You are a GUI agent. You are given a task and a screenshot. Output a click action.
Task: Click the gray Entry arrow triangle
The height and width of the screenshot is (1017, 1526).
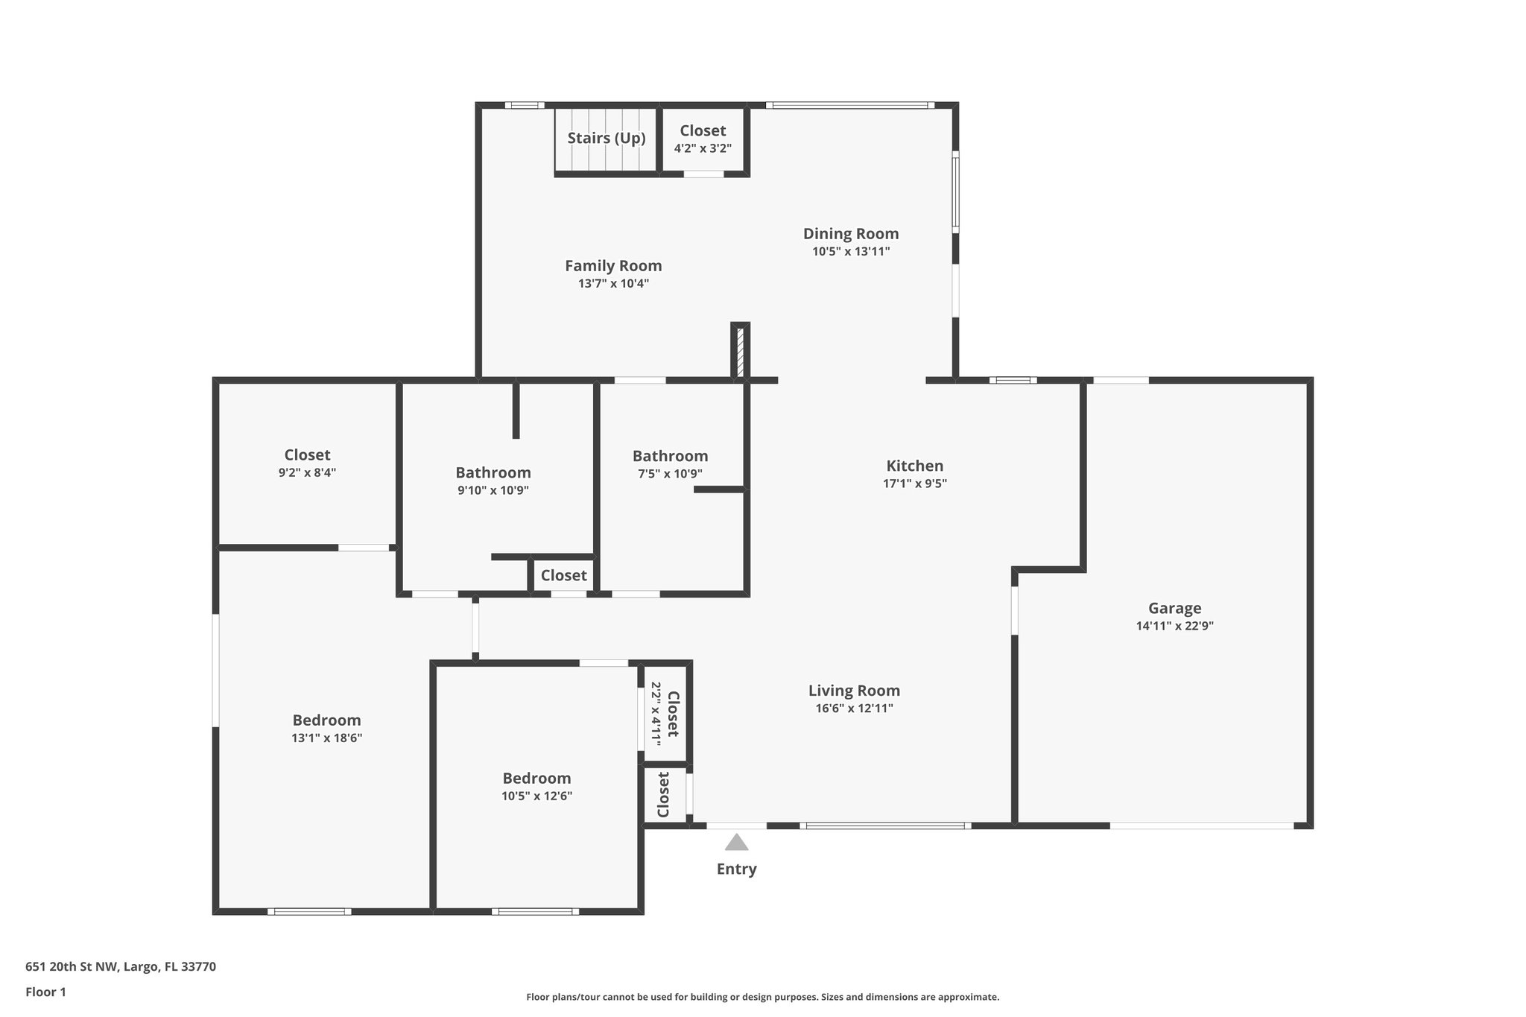pyautogui.click(x=736, y=843)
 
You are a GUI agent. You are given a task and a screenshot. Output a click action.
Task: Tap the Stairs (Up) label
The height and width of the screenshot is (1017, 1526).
pyautogui.click(x=606, y=138)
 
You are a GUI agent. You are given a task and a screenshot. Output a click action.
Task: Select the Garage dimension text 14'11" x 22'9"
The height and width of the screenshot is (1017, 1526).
pyautogui.click(x=1174, y=626)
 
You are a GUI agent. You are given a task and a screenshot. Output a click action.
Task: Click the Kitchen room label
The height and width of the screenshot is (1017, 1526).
pyautogui.click(x=914, y=466)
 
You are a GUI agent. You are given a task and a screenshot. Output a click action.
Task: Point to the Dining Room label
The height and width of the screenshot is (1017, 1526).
pyautogui.click(x=850, y=233)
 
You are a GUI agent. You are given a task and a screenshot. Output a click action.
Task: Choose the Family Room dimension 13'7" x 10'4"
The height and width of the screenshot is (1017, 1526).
pyautogui.click(x=613, y=283)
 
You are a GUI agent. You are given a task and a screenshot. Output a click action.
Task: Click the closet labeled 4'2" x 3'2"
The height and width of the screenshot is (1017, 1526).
pyautogui.click(x=703, y=139)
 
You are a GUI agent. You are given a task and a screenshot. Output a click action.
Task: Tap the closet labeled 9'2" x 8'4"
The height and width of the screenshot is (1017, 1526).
pyautogui.click(x=307, y=463)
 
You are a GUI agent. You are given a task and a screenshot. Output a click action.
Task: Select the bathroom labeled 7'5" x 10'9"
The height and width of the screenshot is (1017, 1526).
pyautogui.click(x=670, y=463)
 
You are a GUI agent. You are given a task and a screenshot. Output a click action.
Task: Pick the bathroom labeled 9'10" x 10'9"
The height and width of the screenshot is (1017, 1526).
pyautogui.click(x=493, y=481)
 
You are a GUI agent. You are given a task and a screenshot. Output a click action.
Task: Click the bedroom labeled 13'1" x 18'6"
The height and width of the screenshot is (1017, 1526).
pyautogui.click(x=326, y=728)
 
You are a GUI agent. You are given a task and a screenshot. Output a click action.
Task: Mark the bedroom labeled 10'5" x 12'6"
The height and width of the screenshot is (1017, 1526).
pyautogui.click(x=536, y=786)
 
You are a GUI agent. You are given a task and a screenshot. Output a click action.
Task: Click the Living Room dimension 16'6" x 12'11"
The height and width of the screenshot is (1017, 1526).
pyautogui.click(x=854, y=708)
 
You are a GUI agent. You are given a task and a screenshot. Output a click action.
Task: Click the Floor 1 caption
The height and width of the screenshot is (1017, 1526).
pyautogui.click(x=45, y=992)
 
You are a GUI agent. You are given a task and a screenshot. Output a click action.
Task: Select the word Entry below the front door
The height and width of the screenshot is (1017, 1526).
pyautogui.click(x=736, y=869)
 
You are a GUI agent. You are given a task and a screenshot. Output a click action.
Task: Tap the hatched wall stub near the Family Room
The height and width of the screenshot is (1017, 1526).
pyautogui.click(x=740, y=352)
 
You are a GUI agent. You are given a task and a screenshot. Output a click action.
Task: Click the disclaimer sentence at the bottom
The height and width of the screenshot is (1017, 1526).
pyautogui.click(x=762, y=997)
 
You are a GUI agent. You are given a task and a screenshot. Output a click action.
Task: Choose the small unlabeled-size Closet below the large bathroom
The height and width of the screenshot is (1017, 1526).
pyautogui.click(x=563, y=575)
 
